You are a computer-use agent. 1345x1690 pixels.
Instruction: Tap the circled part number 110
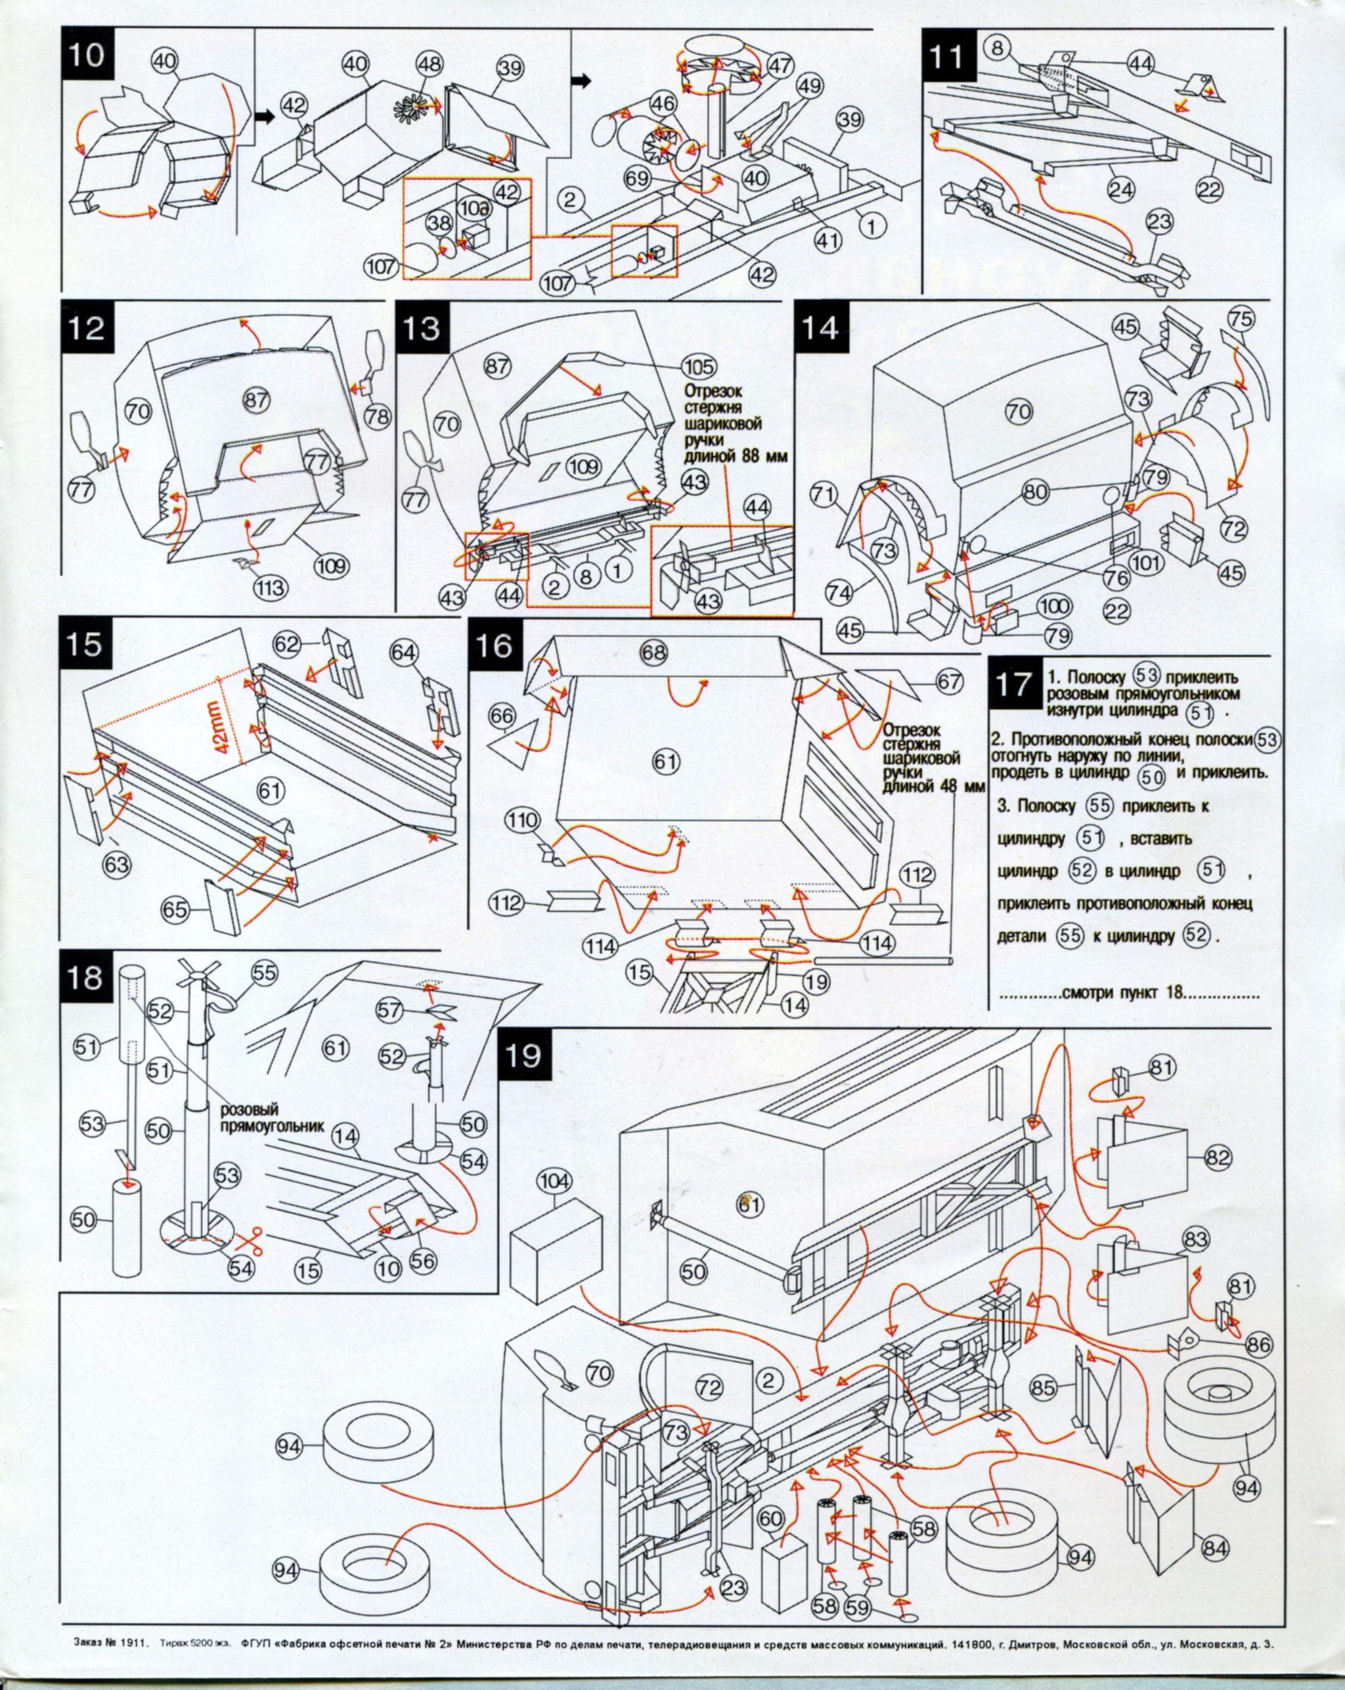tap(523, 822)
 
